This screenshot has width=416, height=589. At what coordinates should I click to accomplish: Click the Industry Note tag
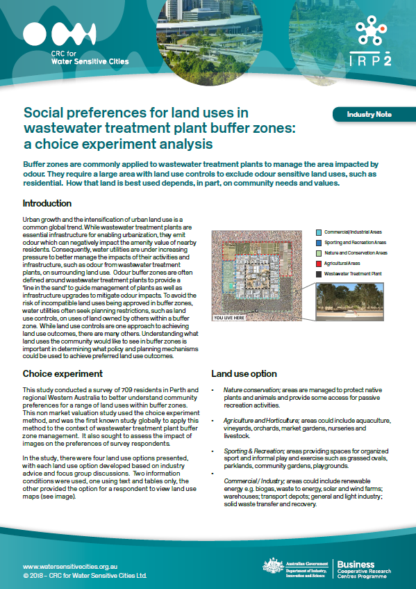369,114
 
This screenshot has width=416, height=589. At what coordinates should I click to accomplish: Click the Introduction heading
47,204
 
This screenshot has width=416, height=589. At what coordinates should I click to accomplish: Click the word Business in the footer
356,564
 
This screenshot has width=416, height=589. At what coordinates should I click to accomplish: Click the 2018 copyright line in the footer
85,576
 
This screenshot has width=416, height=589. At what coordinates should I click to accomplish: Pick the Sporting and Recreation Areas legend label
356,242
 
